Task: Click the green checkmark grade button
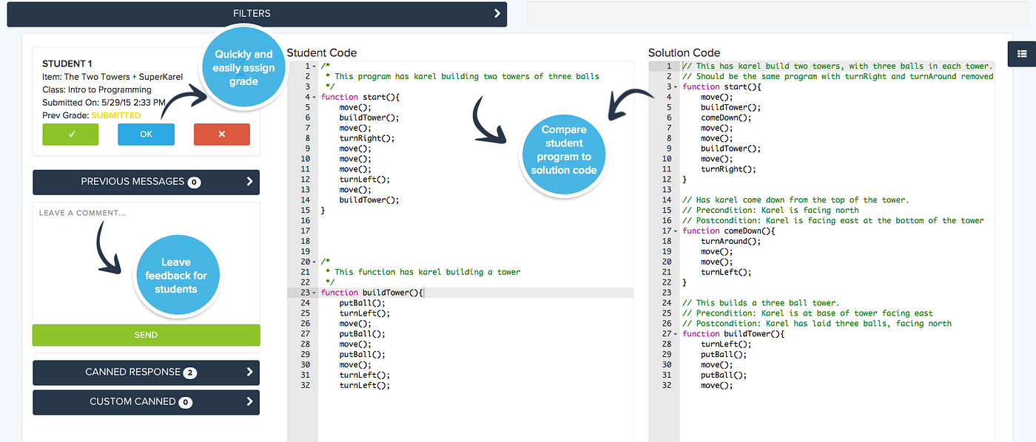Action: click(70, 135)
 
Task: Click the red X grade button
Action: click(221, 135)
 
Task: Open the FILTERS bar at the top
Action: click(257, 13)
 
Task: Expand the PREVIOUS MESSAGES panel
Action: click(146, 182)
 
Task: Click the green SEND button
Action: click(146, 335)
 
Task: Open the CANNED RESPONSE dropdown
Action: click(146, 373)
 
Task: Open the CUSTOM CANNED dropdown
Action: click(146, 402)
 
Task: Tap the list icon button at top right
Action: click(1021, 53)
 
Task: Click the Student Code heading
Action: click(321, 52)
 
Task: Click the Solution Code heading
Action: click(684, 52)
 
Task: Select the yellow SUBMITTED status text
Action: click(115, 115)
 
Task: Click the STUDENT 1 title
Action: click(67, 64)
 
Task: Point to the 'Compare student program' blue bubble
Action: click(565, 150)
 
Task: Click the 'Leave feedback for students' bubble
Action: click(176, 276)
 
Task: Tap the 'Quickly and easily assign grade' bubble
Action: click(244, 67)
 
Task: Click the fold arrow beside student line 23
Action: click(315, 293)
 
